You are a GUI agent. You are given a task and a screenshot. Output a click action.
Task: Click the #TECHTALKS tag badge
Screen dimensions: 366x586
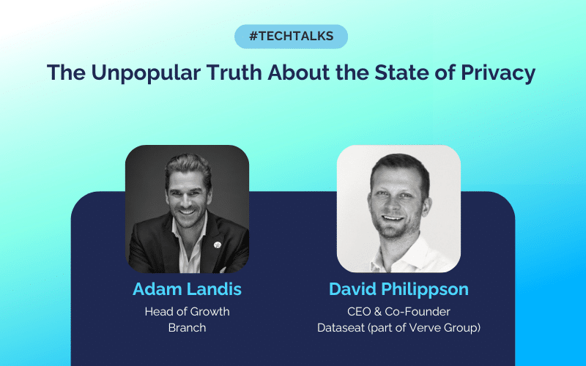click(x=291, y=36)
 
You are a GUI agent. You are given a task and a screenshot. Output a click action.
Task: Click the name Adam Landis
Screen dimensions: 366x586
click(x=187, y=289)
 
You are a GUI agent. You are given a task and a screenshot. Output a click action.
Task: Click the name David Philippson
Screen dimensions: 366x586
click(x=398, y=289)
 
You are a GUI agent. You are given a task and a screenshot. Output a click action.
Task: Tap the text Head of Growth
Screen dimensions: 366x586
click(x=187, y=311)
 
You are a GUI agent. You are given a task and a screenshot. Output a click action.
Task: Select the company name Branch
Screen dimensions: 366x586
click(x=187, y=327)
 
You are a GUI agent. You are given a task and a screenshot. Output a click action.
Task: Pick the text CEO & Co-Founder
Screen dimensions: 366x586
click(x=398, y=311)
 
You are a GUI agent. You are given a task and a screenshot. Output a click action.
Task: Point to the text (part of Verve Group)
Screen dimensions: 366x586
click(x=426, y=327)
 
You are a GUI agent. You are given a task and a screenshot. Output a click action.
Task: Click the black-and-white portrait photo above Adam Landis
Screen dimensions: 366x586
click(x=187, y=209)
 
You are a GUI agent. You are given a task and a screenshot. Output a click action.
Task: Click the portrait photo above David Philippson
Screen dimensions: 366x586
click(x=398, y=209)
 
